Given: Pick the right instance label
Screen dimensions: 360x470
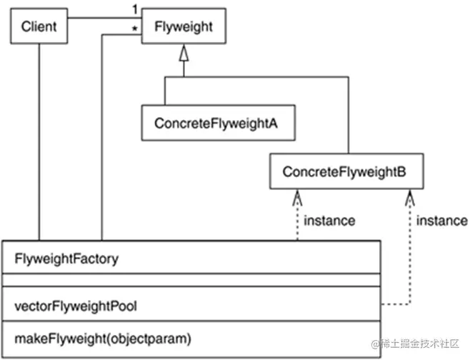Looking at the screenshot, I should (440, 221).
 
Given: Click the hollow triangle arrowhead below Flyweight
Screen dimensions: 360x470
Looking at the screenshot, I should (184, 53).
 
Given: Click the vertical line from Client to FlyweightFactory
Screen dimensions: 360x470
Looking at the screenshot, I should (39, 143).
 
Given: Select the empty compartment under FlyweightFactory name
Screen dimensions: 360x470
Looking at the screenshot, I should (193, 280).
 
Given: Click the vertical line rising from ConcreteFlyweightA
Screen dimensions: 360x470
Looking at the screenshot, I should (165, 91).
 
